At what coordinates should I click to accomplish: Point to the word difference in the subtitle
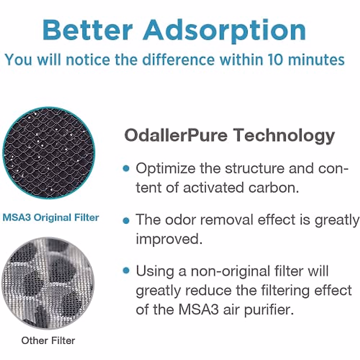[x=178, y=59]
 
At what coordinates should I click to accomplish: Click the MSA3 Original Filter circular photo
[x=49, y=153]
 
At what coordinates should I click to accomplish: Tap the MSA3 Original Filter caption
[x=51, y=217]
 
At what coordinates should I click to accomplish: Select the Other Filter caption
[x=48, y=340]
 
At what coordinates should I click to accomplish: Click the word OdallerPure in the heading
[x=176, y=135]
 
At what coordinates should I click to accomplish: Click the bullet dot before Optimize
[x=126, y=168]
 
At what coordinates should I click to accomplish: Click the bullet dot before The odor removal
[x=126, y=221]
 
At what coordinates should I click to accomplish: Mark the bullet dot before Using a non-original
[x=126, y=271]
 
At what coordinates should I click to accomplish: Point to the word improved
[x=169, y=239]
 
